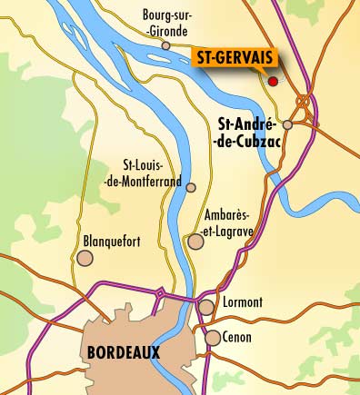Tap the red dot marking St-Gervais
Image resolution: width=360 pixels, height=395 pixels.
[x=272, y=81]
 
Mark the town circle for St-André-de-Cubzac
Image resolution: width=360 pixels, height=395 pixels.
[x=287, y=124]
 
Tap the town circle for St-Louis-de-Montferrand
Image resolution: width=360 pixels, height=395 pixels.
[x=191, y=187]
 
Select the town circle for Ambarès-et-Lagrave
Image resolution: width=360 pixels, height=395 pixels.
[x=194, y=242]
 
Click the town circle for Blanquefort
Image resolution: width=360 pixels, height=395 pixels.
[x=85, y=259]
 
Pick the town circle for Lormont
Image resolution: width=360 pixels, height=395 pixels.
[x=208, y=307]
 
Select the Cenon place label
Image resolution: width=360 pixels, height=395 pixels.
[x=238, y=337]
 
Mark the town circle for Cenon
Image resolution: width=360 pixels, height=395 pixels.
[x=212, y=338]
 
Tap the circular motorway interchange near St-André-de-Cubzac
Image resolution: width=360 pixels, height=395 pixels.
[x=302, y=101]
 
